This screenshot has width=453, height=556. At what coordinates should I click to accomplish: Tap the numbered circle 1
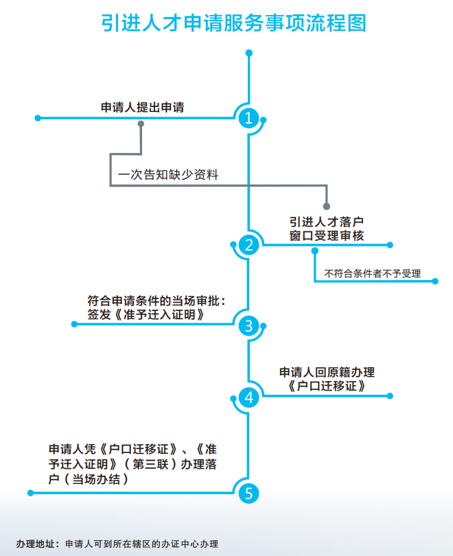(x=248, y=118)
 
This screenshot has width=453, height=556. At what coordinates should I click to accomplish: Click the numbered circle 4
(x=248, y=397)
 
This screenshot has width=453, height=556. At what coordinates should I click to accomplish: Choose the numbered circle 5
(x=248, y=493)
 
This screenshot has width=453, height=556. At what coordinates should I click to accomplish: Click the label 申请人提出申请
(x=142, y=107)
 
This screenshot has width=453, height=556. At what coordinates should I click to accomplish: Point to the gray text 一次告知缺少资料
(x=168, y=175)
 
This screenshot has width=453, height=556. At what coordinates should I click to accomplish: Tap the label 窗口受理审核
(x=326, y=235)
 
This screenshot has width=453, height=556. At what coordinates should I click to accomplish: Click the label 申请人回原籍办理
(x=327, y=372)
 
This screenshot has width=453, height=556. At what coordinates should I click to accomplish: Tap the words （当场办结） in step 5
(x=97, y=480)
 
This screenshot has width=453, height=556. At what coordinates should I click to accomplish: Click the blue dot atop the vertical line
(x=248, y=52)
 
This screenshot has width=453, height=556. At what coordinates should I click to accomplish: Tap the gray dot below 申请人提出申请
(x=141, y=124)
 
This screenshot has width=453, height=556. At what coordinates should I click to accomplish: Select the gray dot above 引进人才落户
(x=327, y=206)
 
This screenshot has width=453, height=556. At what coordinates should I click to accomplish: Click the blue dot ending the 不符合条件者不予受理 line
(x=435, y=280)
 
